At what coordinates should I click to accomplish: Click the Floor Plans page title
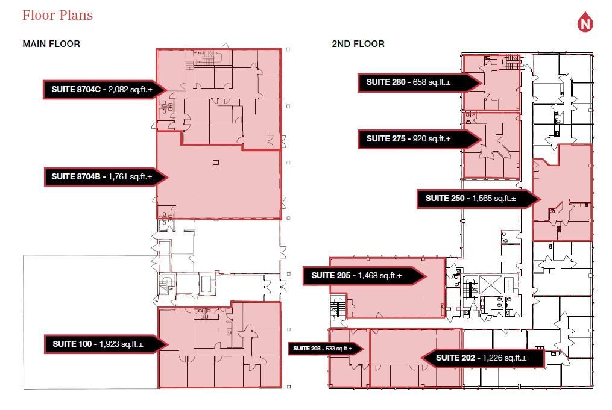pos(57,15)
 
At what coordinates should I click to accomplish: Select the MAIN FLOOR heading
pos(51,44)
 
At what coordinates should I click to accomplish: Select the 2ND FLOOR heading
pos(358,44)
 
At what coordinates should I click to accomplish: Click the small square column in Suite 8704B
pos(216,163)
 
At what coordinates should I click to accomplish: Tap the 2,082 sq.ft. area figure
pos(130,89)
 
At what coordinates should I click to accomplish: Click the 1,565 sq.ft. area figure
pos(494,198)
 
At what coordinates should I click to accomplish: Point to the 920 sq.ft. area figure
pos(432,138)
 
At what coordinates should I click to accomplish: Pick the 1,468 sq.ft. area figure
pos(380,275)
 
